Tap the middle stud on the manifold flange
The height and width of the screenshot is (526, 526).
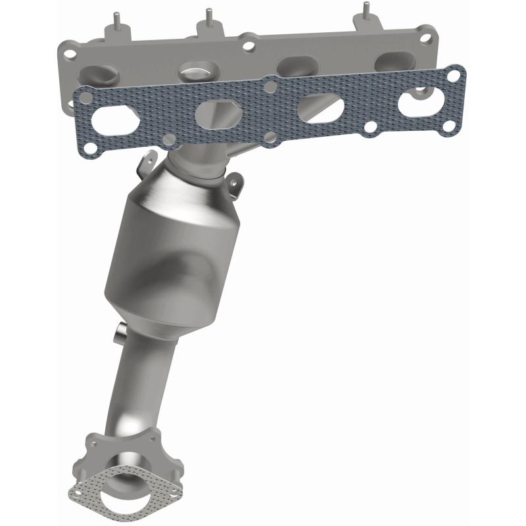click(208, 16)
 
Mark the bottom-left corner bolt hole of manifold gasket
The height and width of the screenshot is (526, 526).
click(169, 139)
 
